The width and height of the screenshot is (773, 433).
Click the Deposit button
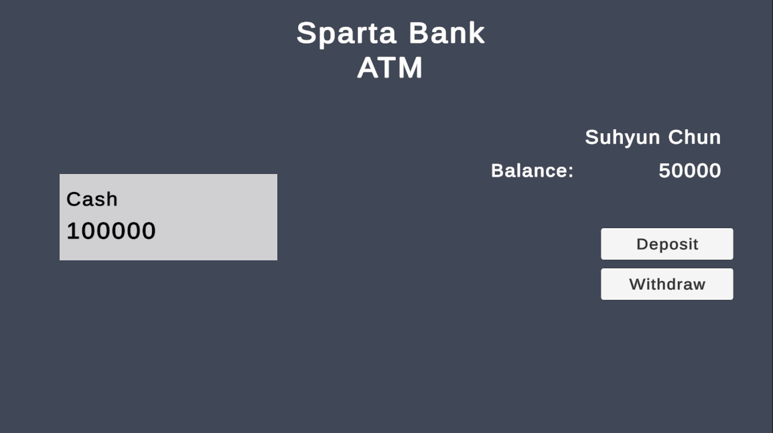click(x=666, y=244)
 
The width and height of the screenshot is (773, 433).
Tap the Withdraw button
click(x=666, y=284)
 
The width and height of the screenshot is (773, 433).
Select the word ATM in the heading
click(x=390, y=68)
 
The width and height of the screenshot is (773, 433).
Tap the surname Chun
click(x=694, y=137)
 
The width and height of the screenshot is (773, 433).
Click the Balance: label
click(x=532, y=171)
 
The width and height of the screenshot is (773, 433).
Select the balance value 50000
click(x=689, y=171)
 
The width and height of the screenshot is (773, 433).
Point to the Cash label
click(x=92, y=199)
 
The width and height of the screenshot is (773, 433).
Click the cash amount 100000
click(x=111, y=231)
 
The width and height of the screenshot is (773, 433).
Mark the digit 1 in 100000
click(x=72, y=231)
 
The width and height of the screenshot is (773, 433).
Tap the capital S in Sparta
click(x=306, y=33)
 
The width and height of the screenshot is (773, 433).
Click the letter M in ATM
click(x=410, y=68)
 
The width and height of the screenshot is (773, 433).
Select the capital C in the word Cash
click(x=73, y=199)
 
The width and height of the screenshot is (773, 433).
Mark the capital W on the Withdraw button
click(x=638, y=284)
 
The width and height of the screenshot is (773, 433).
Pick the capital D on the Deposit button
click(x=642, y=244)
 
